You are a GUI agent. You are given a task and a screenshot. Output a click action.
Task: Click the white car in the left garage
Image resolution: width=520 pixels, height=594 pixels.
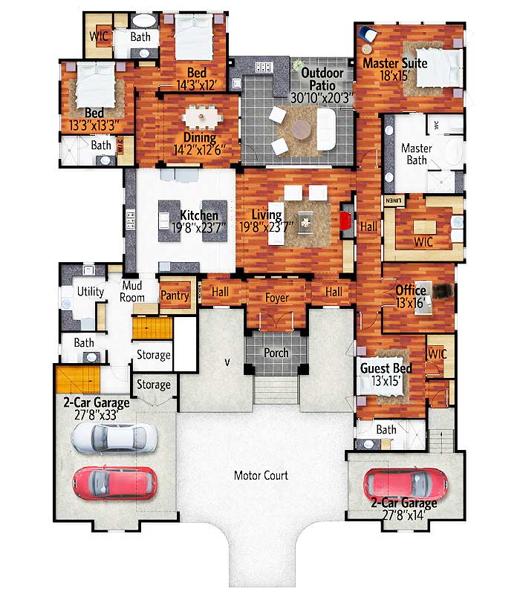pos(114,438)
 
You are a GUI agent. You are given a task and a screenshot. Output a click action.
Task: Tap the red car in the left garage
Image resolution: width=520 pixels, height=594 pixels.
pos(114,483)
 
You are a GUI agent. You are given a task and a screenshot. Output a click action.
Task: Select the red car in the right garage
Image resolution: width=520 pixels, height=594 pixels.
pos(405,486)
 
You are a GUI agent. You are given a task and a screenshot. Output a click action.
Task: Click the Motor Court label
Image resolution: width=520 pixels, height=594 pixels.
pos(261,475)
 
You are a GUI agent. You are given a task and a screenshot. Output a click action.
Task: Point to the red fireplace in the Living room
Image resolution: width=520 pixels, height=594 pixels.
pos(345,221)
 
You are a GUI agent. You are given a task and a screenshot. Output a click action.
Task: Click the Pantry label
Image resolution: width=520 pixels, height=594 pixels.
pos(175,296)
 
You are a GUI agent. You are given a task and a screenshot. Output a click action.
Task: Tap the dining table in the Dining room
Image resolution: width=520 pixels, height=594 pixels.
pos(201,117)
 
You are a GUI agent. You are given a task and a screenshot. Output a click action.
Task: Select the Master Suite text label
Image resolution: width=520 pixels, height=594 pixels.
pos(395,63)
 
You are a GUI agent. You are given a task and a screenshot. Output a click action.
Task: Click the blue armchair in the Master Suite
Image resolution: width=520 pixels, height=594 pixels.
pos(368,34)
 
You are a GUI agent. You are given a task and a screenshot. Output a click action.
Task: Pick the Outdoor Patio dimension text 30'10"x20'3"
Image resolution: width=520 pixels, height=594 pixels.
pos(322,98)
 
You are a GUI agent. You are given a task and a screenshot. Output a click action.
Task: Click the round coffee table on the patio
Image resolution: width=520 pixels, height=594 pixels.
pos(302,129)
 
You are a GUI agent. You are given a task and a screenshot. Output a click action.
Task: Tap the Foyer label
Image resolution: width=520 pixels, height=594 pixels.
pos(276,298)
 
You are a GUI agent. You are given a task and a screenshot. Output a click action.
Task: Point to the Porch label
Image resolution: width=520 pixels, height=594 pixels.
pos(276,353)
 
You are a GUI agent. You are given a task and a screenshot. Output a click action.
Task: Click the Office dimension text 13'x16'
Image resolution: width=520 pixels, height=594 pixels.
pos(411,303)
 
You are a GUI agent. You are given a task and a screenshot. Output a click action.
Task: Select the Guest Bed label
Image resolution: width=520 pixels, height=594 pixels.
pos(386,368)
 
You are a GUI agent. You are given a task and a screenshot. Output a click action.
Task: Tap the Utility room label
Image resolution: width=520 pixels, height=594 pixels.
pos(90,291)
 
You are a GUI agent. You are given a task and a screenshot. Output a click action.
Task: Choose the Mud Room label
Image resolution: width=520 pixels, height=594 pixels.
pos(132,291)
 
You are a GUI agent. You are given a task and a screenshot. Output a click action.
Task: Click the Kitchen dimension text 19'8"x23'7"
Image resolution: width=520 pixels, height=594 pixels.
pos(199,228)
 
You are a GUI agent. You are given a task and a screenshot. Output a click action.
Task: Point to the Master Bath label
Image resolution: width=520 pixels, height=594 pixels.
pos(417,154)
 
